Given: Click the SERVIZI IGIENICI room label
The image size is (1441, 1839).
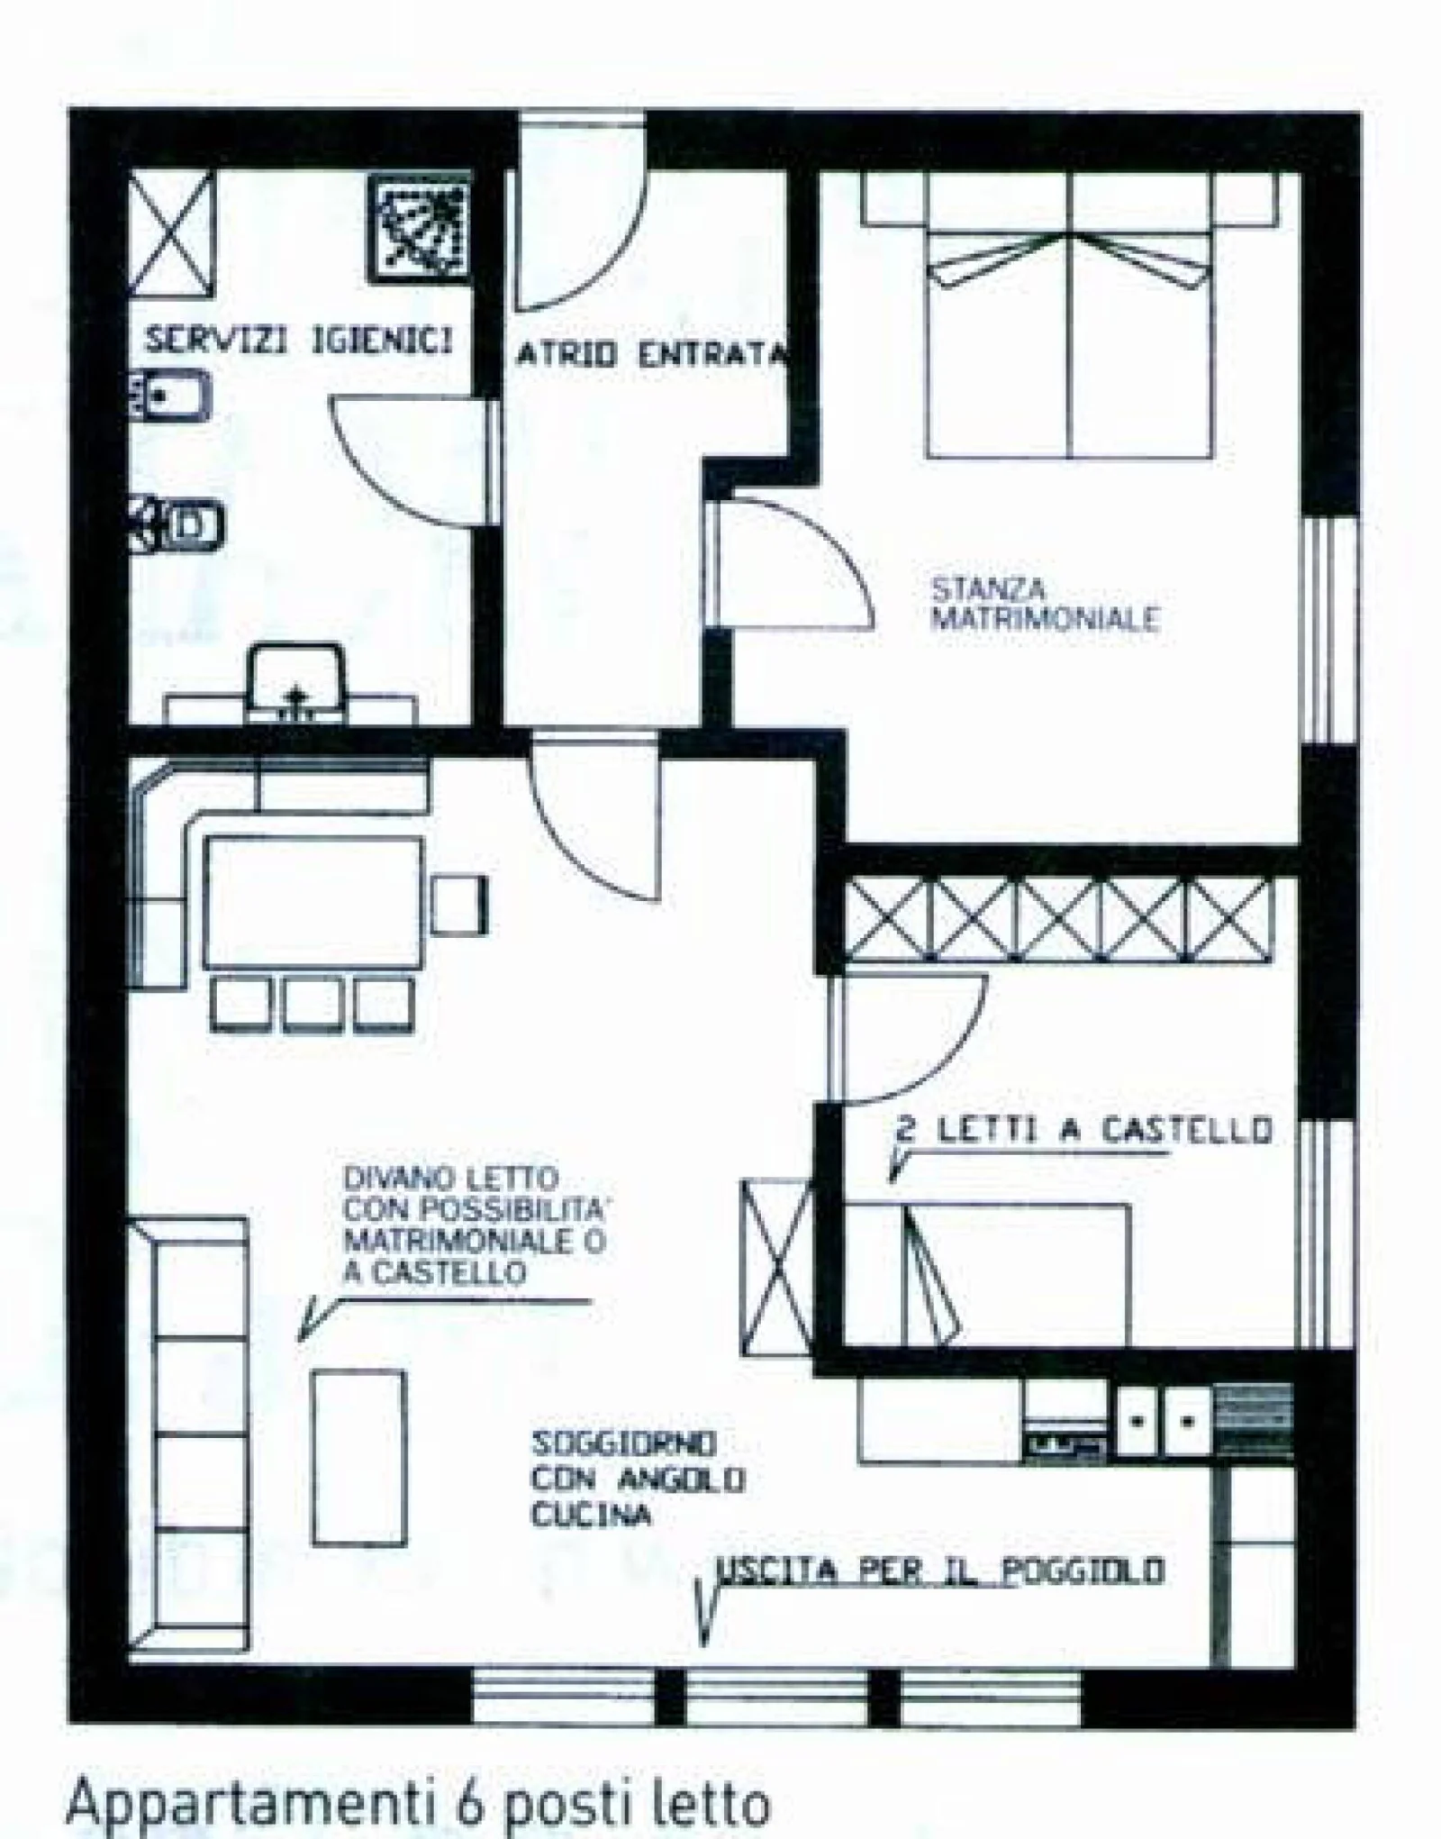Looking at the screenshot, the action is pos(299,341).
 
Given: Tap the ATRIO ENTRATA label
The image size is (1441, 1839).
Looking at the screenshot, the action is pos(651,354).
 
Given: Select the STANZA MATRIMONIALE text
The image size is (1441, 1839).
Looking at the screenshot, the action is pos(1044,605).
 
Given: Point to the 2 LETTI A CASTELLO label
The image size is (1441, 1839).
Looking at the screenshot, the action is pos(1084,1130).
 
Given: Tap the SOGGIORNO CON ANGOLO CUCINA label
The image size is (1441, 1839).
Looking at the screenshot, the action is pos(637,1479).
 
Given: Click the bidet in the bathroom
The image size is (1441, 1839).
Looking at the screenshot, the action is pos(169,396).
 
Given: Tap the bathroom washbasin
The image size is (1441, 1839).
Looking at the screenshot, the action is pos(296,682).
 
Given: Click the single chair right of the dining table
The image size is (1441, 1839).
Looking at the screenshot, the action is pos(458,904).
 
